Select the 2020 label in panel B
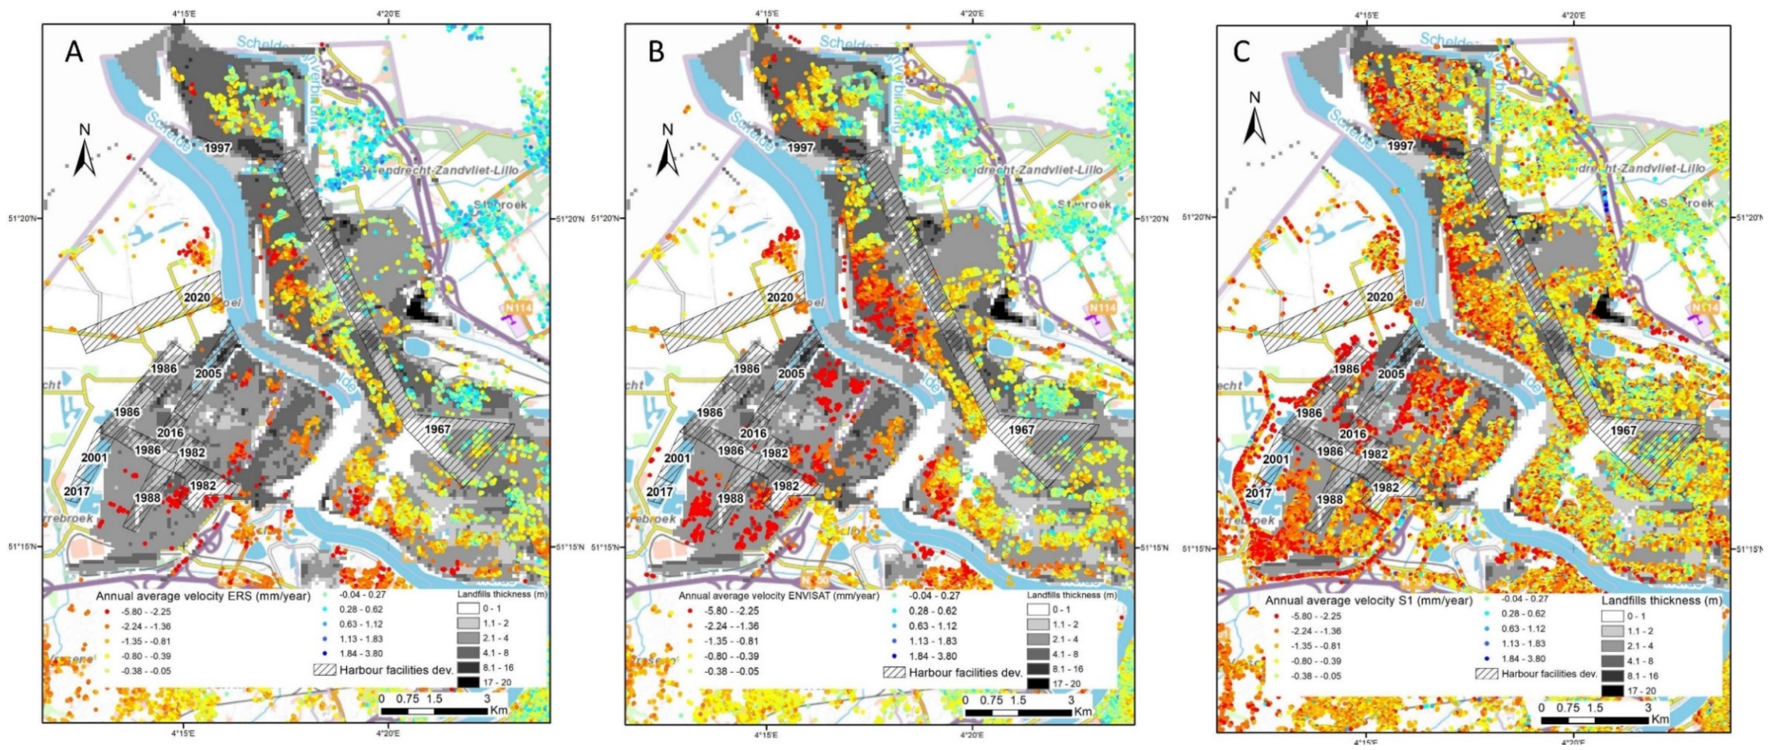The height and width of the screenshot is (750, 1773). coord(780,297)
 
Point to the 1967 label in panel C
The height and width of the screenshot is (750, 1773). coord(1623,430)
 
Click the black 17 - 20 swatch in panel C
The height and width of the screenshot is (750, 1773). coord(1612,690)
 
